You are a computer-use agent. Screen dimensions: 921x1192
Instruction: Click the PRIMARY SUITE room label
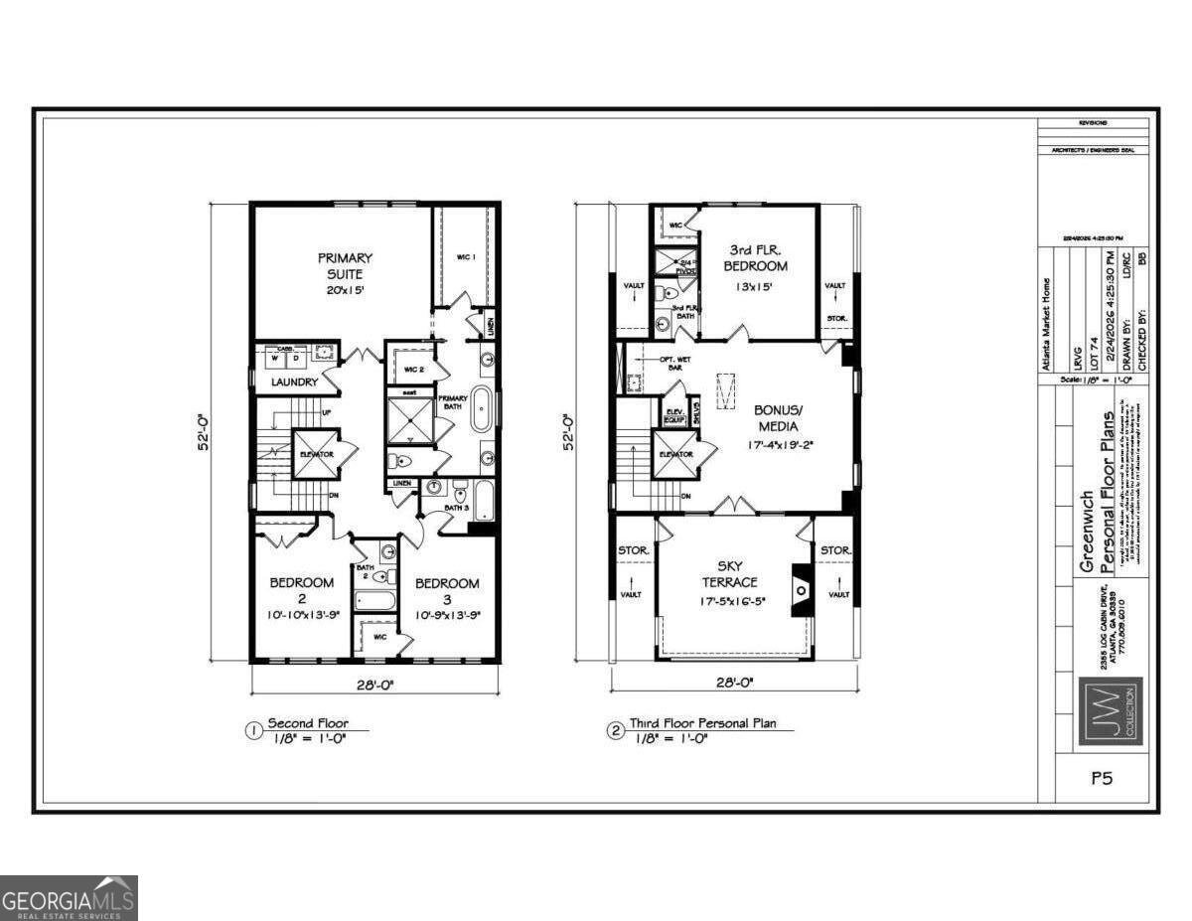pos(345,265)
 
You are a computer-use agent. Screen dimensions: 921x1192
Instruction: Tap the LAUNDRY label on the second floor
pos(293,382)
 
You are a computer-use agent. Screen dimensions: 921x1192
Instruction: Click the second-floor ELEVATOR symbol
pos(316,454)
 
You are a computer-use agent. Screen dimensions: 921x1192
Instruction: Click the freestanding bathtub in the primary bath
pos(480,407)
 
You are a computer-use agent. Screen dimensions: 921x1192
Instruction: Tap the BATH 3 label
pos(457,509)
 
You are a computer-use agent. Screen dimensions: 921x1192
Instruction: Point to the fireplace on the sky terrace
pos(801,589)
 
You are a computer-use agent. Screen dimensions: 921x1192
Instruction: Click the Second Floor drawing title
pos(311,723)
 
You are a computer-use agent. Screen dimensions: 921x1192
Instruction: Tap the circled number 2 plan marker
pos(616,731)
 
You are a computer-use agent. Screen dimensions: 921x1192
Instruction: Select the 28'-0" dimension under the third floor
pos(733,684)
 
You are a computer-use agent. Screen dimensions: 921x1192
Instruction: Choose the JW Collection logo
pos(1111,712)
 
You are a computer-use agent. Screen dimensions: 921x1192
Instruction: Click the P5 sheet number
pos(1101,779)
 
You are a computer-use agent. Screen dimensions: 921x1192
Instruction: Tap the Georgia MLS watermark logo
pos(69,898)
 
